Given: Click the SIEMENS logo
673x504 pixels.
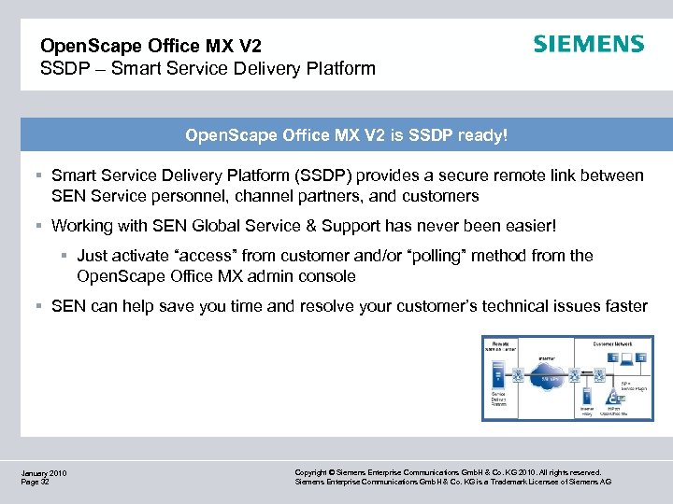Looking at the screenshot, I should tap(588, 44).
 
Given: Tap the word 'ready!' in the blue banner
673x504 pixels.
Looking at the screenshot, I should tap(480, 135).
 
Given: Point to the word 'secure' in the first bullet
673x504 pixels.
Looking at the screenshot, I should tap(454, 175).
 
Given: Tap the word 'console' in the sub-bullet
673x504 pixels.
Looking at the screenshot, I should tap(326, 276).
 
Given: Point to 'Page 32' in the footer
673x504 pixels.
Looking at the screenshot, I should tap(36, 483).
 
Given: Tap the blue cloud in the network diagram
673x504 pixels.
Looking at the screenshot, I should tap(549, 379).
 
